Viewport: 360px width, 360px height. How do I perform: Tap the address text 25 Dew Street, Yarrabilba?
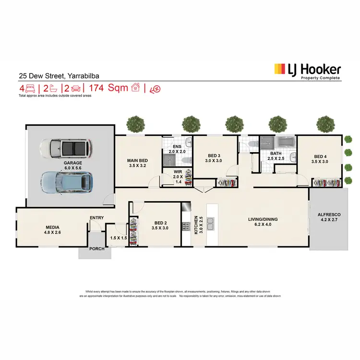click(59, 75)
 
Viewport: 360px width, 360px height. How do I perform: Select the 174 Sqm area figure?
click(111, 88)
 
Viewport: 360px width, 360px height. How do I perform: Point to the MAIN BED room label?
click(137, 163)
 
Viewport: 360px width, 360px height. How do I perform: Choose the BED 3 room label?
click(214, 158)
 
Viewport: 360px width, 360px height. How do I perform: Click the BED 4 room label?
click(321, 159)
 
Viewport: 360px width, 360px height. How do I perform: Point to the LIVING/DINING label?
click(263, 222)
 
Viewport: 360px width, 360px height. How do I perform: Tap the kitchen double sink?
click(213, 224)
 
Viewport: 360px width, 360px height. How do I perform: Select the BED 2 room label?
click(161, 226)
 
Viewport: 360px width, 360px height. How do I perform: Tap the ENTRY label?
click(97, 218)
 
